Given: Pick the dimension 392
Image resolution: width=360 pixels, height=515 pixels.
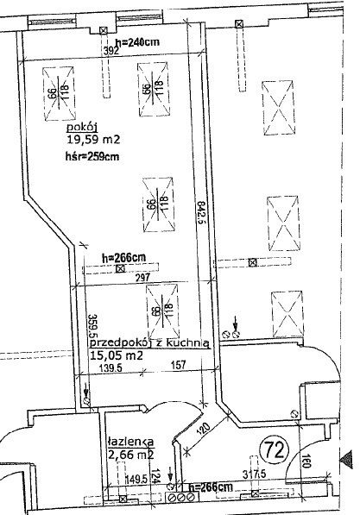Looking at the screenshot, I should tap(110, 51).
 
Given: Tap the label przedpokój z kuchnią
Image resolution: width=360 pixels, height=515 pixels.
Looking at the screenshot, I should tap(149, 342).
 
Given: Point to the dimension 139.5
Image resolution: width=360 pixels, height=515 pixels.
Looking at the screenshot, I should tap(106, 367).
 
